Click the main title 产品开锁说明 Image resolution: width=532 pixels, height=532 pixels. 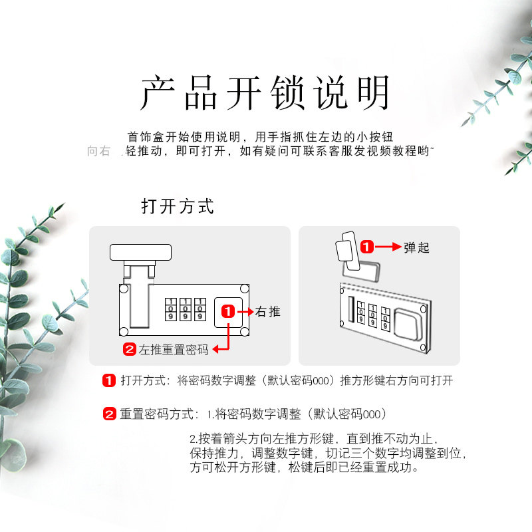point(265,93)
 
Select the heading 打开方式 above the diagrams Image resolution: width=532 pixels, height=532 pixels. point(178,206)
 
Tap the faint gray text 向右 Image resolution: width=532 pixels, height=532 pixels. point(98,151)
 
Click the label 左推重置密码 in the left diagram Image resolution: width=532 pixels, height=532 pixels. point(174,349)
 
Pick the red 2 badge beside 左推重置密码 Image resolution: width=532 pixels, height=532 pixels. point(130,349)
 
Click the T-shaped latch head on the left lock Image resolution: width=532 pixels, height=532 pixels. point(141,253)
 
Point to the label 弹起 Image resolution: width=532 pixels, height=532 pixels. point(417,247)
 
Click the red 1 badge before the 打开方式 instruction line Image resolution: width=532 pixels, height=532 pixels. point(109,381)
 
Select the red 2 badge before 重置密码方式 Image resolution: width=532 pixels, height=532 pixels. point(109,414)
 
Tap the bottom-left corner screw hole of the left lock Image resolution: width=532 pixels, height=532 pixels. point(123,331)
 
